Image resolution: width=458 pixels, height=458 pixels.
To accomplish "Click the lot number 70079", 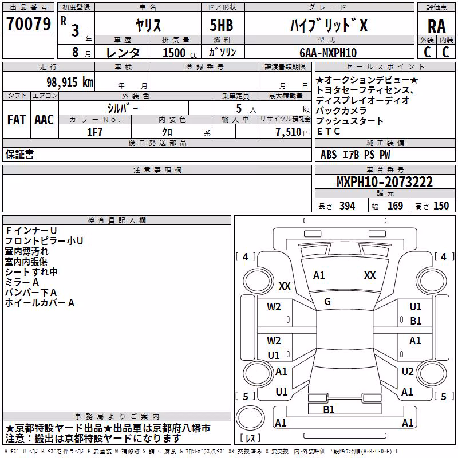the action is [x=29, y=24].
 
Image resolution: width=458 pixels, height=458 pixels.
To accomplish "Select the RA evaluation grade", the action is [x=436, y=26].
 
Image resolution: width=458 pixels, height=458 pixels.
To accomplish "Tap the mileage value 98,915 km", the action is [x=69, y=82].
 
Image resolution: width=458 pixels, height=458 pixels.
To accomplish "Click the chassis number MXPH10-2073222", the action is [x=385, y=182].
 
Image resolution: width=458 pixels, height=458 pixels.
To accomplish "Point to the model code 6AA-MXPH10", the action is [x=328, y=53].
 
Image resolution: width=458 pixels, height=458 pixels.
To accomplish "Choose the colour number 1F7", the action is [x=94, y=132].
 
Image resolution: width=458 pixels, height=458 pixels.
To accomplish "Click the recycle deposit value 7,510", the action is [x=289, y=132].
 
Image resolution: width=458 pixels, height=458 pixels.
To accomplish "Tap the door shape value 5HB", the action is [x=222, y=25].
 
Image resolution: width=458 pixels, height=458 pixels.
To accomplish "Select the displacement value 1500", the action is [x=174, y=53].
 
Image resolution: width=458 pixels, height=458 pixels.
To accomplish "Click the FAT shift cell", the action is [x=17, y=120].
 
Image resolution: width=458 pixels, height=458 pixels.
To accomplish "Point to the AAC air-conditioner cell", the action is [x=44, y=120].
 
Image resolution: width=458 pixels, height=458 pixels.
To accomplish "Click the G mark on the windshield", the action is [x=327, y=302].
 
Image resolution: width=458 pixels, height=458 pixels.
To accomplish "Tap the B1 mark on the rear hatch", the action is [x=329, y=409].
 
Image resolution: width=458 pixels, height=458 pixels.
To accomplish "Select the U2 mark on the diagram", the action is [x=408, y=372].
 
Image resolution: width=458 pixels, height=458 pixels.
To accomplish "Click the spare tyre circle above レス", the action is [x=250, y=418].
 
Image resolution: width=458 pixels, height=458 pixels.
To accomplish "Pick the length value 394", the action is [x=348, y=206].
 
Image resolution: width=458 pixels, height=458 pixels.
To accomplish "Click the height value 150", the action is [x=441, y=206].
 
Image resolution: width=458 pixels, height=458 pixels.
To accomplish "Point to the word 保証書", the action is [x=19, y=155].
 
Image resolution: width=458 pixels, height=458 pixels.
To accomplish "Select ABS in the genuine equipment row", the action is [x=329, y=155].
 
